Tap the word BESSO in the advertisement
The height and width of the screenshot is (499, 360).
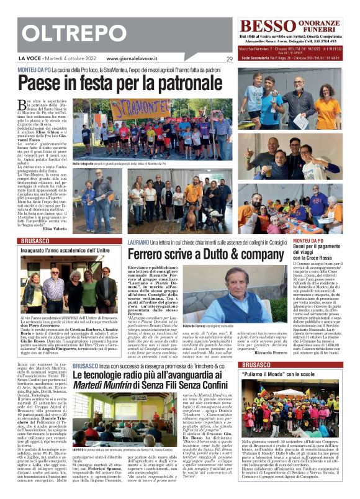pos(264,26)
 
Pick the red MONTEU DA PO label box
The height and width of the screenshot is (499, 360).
pos(325,240)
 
